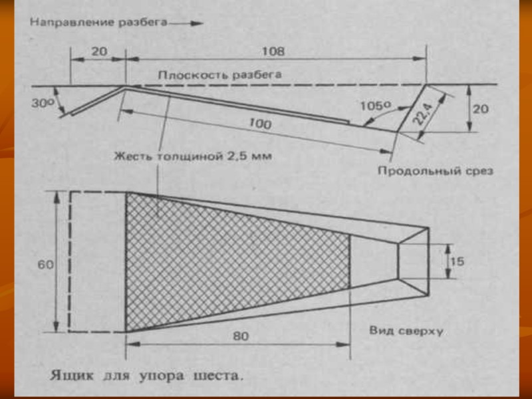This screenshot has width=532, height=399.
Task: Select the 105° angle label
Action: coord(373,105)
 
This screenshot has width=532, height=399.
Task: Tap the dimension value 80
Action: coord(241,336)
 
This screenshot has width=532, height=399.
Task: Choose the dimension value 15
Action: coord(457,261)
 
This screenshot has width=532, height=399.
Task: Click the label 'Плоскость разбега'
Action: coord(219,74)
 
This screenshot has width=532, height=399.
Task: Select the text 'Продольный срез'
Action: coord(435,171)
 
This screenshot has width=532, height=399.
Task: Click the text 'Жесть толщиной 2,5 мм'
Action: coord(194,157)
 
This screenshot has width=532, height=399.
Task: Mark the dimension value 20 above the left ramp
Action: coord(98,51)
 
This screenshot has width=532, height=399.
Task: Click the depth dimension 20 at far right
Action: coord(480,109)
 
